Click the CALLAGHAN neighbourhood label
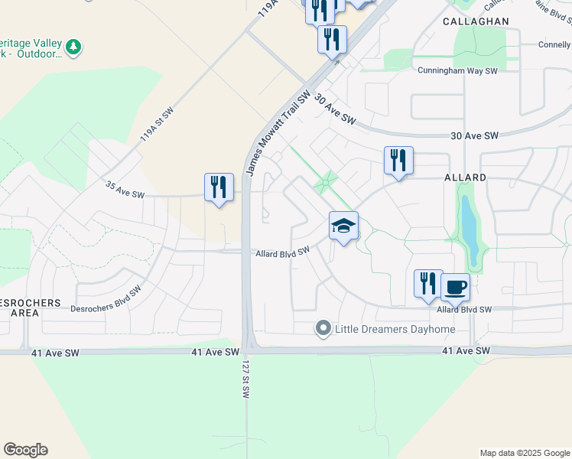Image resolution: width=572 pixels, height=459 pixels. (475, 22)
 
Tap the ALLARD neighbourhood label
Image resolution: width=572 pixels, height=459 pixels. (465, 177)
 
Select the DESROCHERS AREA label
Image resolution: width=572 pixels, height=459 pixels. (31, 308)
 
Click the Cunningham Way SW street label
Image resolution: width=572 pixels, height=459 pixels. (457, 71)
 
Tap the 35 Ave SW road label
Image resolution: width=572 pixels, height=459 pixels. (124, 190)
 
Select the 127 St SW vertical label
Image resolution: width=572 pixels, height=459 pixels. (246, 379)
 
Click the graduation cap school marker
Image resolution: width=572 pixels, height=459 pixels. (344, 226)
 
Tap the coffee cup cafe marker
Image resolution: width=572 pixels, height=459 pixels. (456, 288)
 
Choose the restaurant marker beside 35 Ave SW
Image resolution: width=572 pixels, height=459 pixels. (219, 187)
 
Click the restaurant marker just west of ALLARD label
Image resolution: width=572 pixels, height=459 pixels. (398, 161)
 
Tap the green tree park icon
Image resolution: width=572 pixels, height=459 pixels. (73, 47)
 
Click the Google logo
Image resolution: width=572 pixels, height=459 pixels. (25, 450)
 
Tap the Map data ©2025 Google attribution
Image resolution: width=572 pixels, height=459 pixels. (524, 453)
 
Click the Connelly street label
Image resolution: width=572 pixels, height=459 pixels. (554, 45)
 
